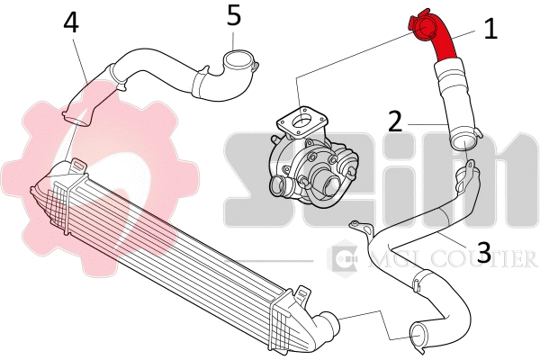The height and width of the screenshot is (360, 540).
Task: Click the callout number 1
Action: [x=490, y=30]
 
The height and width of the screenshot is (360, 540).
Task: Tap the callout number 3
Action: [x=483, y=253]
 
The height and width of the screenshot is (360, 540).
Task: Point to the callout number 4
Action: [x=71, y=22]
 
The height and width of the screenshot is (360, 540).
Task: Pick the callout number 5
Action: [x=233, y=14]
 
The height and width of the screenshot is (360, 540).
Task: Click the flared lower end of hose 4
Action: [x=76, y=114]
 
